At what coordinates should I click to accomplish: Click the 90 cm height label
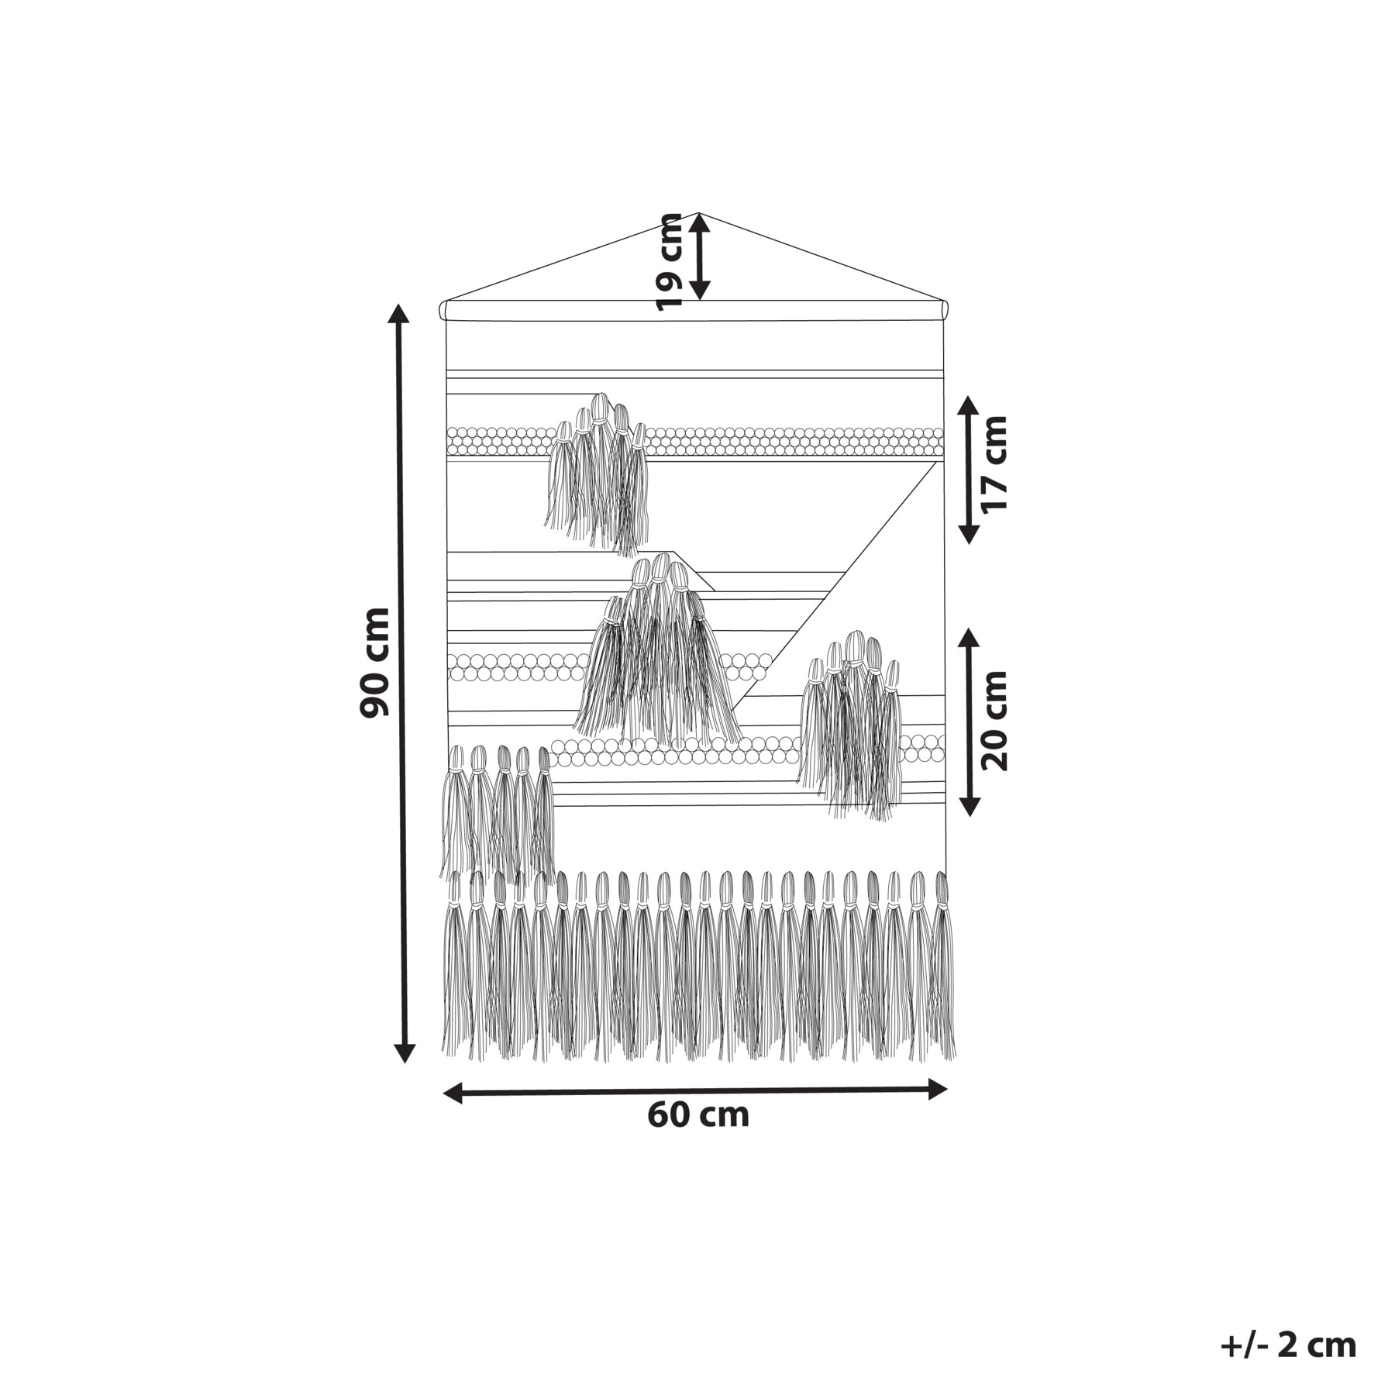pos(375,663)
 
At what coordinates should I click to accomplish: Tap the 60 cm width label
pos(698,1115)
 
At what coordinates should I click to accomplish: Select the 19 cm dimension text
pos(668,262)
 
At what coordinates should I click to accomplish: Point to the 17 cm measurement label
pos(994,464)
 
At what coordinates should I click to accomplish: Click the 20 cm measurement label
pos(994,721)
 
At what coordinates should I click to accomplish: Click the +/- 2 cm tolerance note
pos(1288,1345)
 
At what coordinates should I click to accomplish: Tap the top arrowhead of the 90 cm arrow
pos(398,312)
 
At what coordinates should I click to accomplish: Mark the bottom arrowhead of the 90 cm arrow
pos(404,1053)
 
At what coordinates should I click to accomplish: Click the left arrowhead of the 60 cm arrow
pos(452,1094)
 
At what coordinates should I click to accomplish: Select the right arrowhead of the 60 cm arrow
pos(938,1089)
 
